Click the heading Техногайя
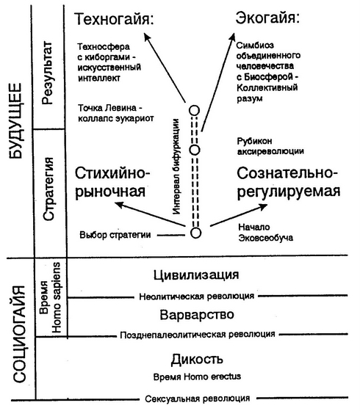(x=114, y=19)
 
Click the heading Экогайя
(x=267, y=18)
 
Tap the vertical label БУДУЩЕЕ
(x=15, y=121)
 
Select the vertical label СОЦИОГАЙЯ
(x=19, y=334)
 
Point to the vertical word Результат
(x=47, y=73)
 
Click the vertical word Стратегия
(x=48, y=189)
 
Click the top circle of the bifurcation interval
(x=195, y=111)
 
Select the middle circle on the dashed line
(x=195, y=150)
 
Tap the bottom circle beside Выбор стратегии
(x=195, y=233)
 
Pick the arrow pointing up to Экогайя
(x=217, y=82)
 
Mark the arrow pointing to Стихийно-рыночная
(x=151, y=214)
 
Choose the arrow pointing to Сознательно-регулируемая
(x=239, y=214)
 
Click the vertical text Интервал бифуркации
(x=177, y=167)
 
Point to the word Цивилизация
(x=196, y=275)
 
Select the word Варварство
(x=197, y=315)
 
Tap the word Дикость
(x=197, y=360)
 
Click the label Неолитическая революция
(x=197, y=297)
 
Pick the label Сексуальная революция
(x=198, y=399)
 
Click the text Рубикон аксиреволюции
(x=270, y=146)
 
